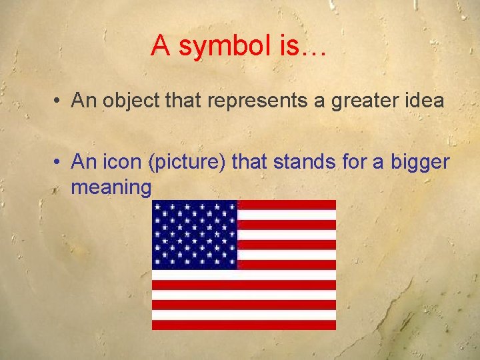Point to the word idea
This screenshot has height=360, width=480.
coord(423,101)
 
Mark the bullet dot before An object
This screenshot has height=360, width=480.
coord(59,101)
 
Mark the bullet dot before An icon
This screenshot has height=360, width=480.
coord(59,162)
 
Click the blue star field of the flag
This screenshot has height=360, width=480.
coord(195,234)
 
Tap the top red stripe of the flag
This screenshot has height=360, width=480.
coord(287,205)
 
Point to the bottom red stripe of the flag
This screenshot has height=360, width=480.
coord(243,325)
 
